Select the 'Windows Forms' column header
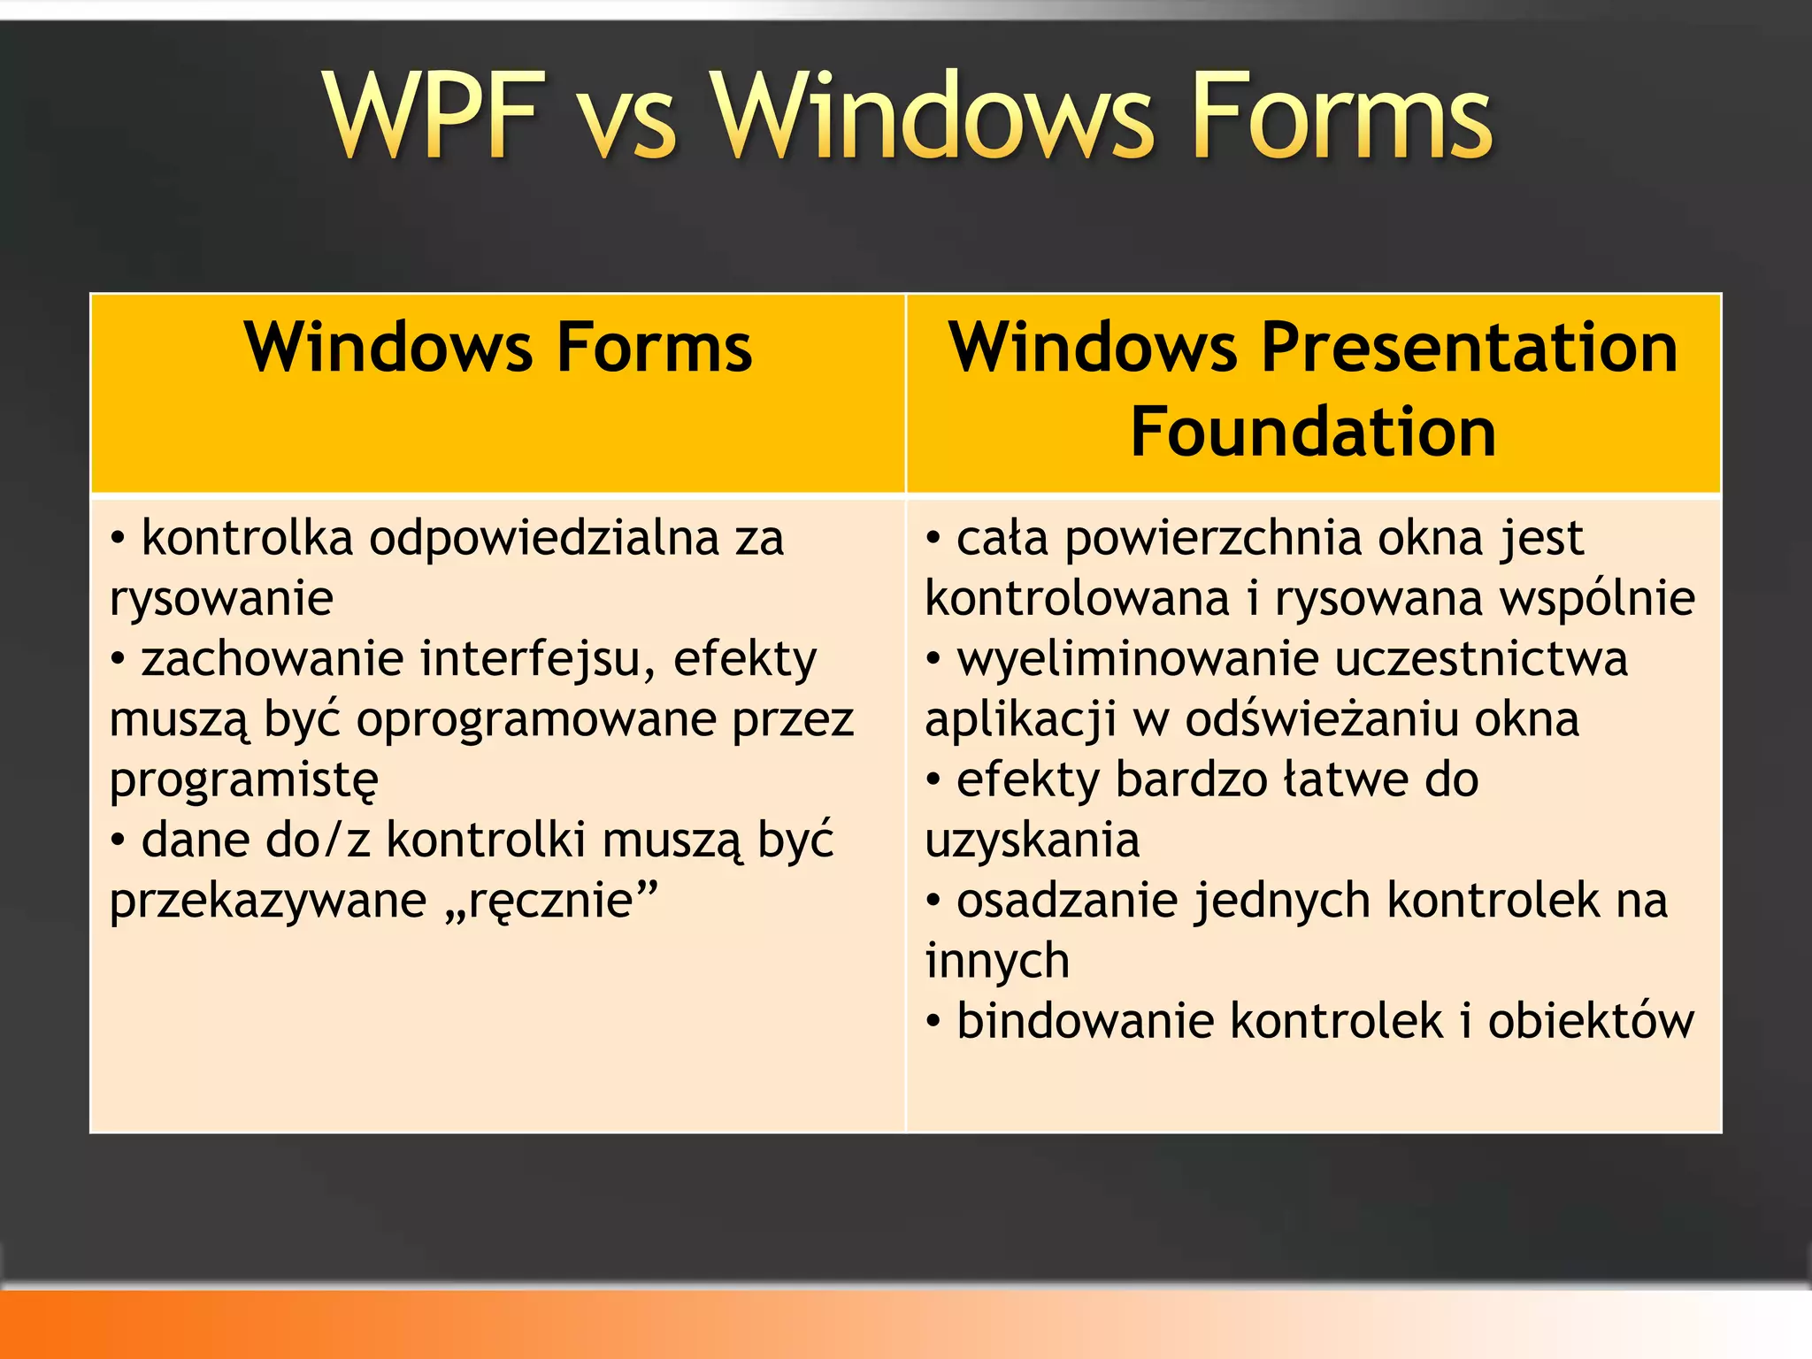(x=498, y=347)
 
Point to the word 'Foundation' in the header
(x=1313, y=431)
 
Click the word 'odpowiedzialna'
(x=544, y=538)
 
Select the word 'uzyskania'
(x=1032, y=841)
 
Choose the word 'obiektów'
(x=1590, y=1021)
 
